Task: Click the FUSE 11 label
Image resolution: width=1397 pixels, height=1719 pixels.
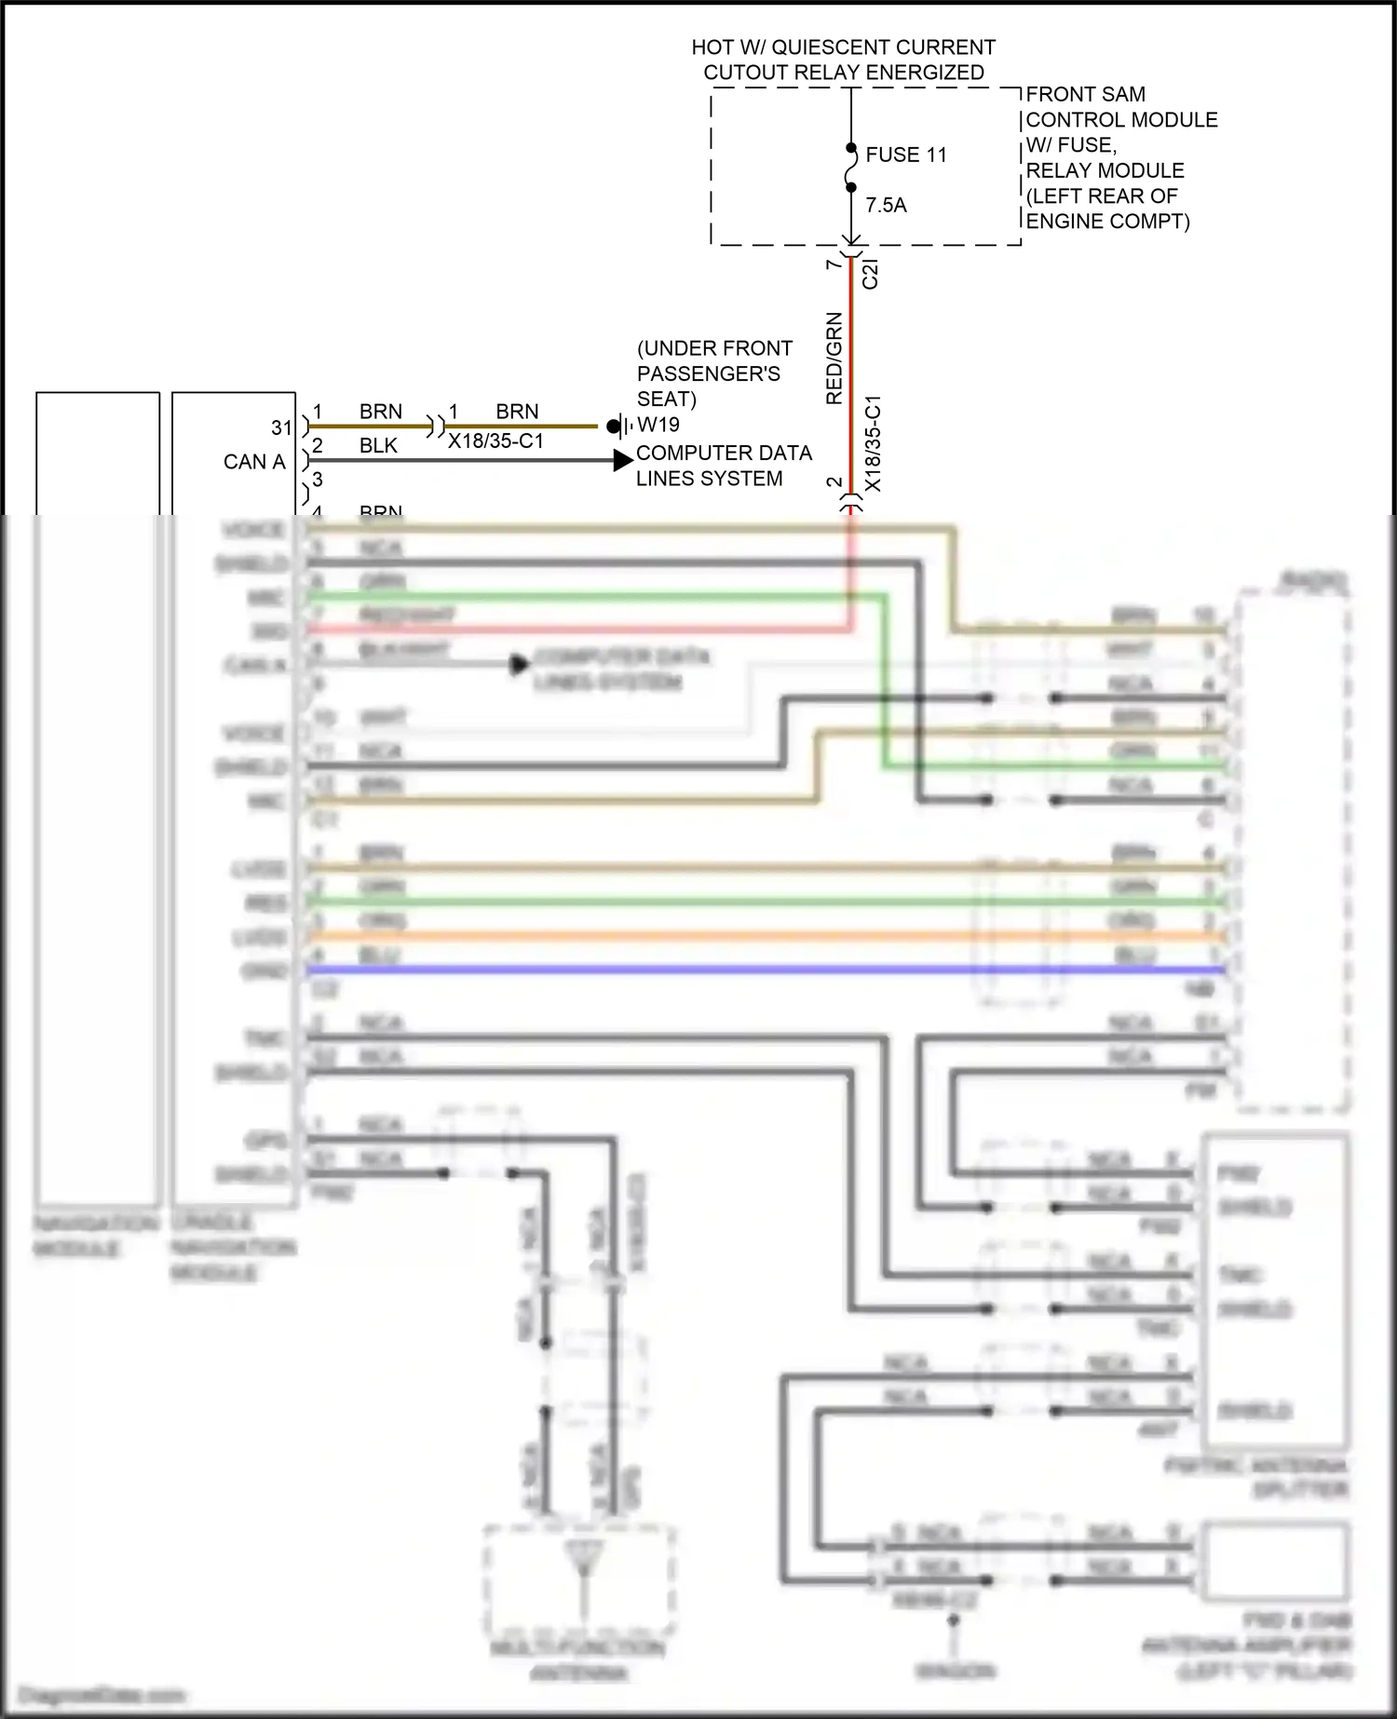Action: coord(905,155)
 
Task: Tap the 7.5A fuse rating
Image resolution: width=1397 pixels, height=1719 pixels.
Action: coord(886,205)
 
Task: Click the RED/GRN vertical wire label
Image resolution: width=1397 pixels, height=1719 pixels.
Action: coord(834,359)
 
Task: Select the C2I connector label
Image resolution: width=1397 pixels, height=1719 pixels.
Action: coord(870,274)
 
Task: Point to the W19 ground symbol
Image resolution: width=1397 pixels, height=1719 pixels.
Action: coord(618,426)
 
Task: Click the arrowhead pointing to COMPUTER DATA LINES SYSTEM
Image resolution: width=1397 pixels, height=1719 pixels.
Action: coord(623,460)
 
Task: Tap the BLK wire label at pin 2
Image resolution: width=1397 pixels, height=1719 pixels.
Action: coord(378,446)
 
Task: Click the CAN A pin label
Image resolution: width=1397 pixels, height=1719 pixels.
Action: coord(253,462)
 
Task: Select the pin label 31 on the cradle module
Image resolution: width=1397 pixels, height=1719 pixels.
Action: coord(281,427)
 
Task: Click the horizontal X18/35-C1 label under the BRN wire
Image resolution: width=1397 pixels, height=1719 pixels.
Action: coord(495,441)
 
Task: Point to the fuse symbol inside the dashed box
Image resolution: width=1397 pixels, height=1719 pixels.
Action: coord(851,169)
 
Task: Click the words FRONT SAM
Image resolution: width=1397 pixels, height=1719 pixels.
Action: coord(1085,94)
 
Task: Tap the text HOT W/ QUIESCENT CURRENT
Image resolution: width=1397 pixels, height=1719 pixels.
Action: coord(843,47)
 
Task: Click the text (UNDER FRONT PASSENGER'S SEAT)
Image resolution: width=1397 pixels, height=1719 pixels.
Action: coord(713,373)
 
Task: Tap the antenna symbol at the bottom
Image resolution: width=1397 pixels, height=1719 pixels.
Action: coord(584,1558)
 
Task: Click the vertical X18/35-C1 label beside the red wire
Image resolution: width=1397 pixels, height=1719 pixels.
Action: coord(873,444)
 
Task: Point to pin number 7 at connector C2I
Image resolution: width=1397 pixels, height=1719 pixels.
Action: coord(834,264)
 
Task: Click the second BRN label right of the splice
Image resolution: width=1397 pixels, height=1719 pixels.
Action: coord(517,412)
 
